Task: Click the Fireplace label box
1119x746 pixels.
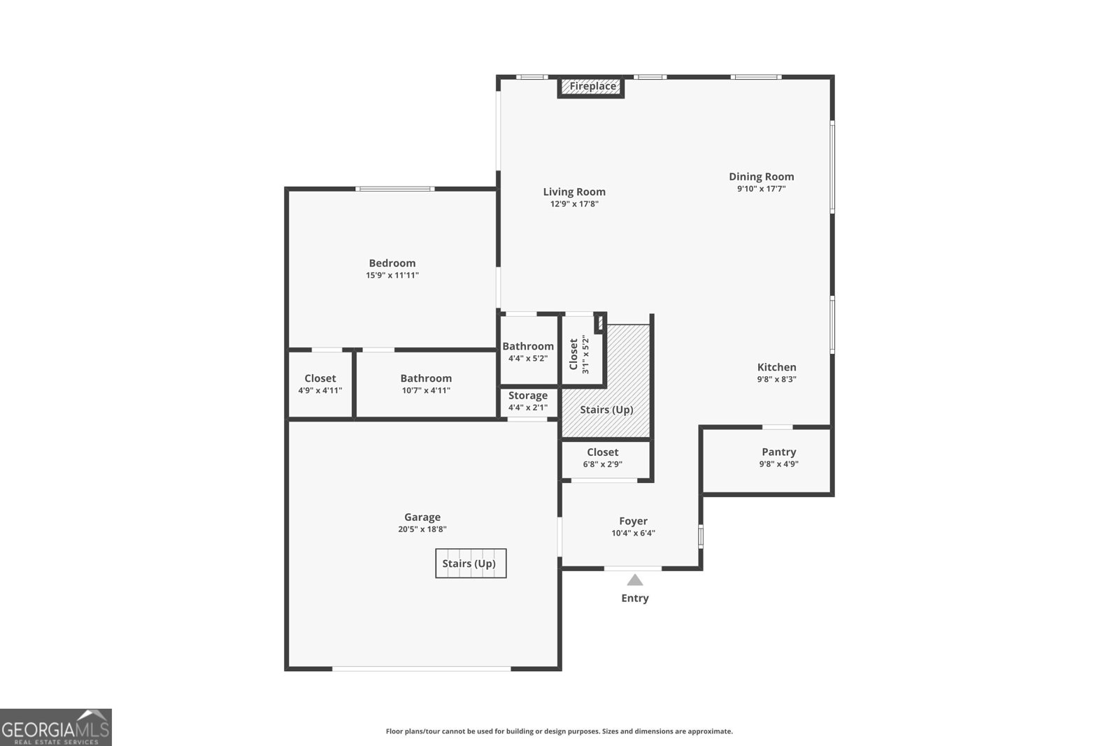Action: pyautogui.click(x=592, y=87)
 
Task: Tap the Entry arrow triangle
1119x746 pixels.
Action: pyautogui.click(x=634, y=580)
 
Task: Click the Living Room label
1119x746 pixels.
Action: pyautogui.click(x=574, y=192)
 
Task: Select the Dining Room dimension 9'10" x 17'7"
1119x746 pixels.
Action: pyautogui.click(x=761, y=189)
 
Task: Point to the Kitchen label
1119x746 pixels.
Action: pyautogui.click(x=776, y=367)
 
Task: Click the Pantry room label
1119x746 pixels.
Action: pyautogui.click(x=778, y=452)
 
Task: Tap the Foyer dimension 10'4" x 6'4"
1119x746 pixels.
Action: pyautogui.click(x=633, y=533)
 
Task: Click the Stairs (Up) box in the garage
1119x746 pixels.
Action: pyautogui.click(x=471, y=564)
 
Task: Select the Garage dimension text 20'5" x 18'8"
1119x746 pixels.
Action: pyautogui.click(x=422, y=529)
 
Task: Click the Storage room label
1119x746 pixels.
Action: pyautogui.click(x=528, y=396)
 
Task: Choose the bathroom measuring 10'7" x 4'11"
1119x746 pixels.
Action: pyautogui.click(x=426, y=384)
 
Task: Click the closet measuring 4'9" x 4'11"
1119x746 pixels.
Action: pyautogui.click(x=320, y=384)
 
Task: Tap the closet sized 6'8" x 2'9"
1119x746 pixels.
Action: pyautogui.click(x=603, y=458)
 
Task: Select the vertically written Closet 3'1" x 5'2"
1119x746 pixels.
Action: pyautogui.click(x=580, y=354)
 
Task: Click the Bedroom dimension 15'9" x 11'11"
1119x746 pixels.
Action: pyautogui.click(x=392, y=275)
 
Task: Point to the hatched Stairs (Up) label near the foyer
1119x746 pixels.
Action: pyautogui.click(x=606, y=410)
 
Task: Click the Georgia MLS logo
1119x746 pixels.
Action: pyautogui.click(x=56, y=727)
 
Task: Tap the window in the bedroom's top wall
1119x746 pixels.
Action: pyautogui.click(x=394, y=189)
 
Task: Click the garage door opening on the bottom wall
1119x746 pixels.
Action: pyautogui.click(x=422, y=669)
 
